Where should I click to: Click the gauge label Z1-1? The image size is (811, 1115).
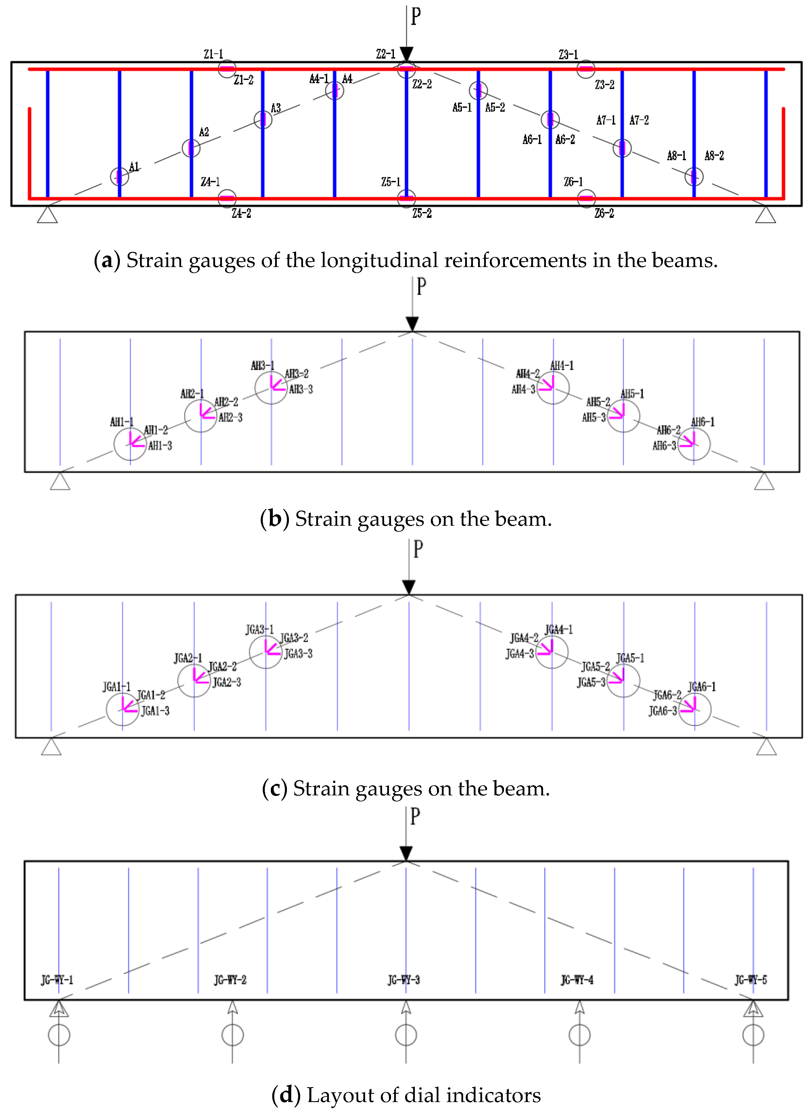point(213,54)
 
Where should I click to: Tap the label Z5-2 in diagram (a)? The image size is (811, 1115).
point(422,213)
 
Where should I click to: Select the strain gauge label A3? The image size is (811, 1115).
point(276,108)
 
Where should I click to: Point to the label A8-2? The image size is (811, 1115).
point(714,156)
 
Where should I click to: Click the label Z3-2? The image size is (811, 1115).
point(604,85)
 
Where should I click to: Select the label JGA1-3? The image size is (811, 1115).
point(156,711)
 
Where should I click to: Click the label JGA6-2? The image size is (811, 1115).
point(667,695)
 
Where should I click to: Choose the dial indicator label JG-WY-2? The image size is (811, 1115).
point(230,980)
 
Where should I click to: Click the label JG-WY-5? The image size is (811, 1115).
point(751,980)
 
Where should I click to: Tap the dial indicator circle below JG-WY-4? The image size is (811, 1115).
point(579,1035)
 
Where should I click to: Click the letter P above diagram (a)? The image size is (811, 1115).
point(416,16)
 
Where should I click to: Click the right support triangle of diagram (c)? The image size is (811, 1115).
point(766,748)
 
